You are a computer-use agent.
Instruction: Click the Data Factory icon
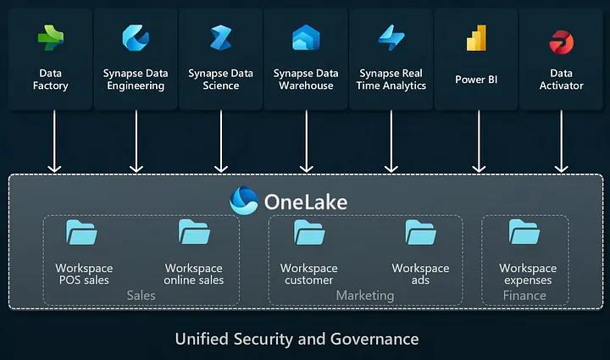click(x=51, y=38)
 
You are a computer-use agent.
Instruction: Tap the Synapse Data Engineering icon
click(x=136, y=38)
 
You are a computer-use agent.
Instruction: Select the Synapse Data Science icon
click(x=220, y=38)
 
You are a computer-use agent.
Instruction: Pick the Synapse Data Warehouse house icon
click(x=306, y=38)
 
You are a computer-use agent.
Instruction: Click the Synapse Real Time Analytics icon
click(x=391, y=38)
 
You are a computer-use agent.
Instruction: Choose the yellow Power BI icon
click(x=475, y=38)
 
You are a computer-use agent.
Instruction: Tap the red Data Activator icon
click(x=561, y=41)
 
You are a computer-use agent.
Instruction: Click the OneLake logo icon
click(x=244, y=201)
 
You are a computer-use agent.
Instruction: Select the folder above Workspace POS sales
click(x=82, y=233)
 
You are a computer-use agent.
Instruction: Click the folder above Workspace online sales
click(x=194, y=233)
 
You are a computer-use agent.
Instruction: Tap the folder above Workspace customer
click(x=309, y=233)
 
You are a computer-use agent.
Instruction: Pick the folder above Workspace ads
click(x=421, y=233)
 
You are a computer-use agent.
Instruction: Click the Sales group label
click(x=141, y=296)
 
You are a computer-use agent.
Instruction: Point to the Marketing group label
click(x=365, y=296)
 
